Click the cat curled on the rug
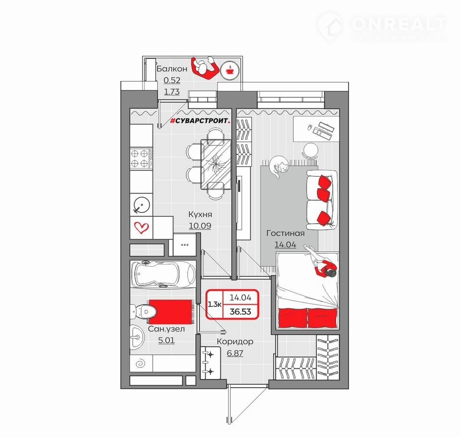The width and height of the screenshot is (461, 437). [279, 167]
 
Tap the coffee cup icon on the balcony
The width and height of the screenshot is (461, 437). [229, 70]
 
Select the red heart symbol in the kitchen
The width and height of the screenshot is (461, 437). [141, 227]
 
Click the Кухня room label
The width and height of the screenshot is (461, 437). [200, 214]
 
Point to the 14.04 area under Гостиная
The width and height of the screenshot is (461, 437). [285, 245]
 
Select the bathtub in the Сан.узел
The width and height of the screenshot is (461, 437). [163, 274]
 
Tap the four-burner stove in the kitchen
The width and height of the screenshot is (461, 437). [141, 158]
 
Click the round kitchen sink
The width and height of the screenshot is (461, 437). [142, 205]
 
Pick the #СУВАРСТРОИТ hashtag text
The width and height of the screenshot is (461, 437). [200, 121]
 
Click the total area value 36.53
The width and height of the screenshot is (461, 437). [241, 312]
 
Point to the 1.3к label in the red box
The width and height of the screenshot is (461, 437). [215, 304]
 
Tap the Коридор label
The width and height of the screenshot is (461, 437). [235, 342]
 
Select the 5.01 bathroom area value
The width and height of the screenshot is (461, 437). [167, 340]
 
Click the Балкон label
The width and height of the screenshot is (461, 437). [172, 69]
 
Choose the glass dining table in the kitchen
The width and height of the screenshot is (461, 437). [216, 164]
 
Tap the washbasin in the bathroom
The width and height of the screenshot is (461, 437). [137, 337]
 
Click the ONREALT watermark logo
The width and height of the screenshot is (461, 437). [382, 26]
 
